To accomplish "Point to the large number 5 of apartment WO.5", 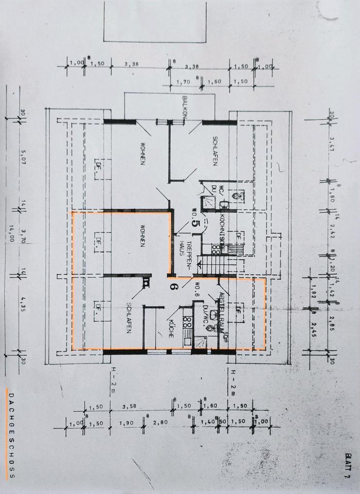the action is point(195,223).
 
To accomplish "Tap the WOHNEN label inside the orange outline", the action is point(141,236).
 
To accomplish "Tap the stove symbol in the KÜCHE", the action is point(187,323).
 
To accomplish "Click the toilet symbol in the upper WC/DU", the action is point(237,196).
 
